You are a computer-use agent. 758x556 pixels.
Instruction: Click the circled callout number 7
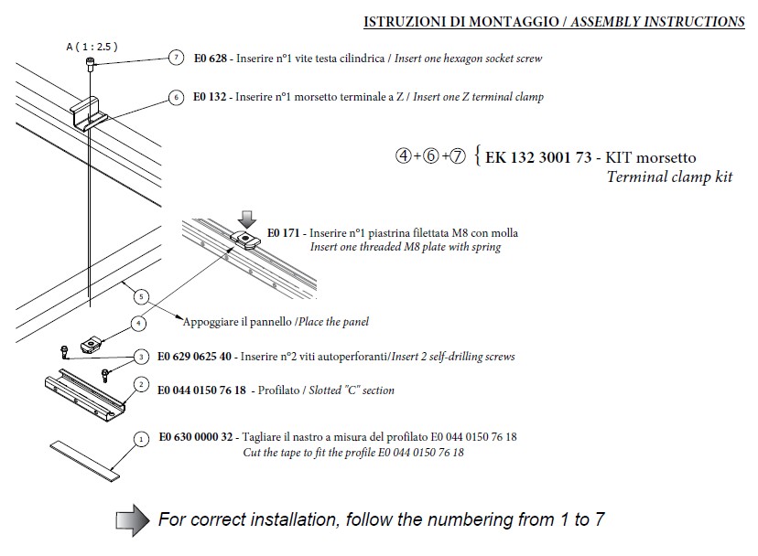point(175,59)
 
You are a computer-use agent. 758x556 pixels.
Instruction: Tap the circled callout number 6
point(175,96)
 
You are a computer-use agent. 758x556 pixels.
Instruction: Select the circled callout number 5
point(139,295)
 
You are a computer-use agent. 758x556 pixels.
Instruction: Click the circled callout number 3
point(140,356)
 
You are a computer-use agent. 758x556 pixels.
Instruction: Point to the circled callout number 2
point(140,385)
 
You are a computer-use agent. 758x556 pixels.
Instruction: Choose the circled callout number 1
point(140,439)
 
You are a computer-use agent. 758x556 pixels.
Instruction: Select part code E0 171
point(285,233)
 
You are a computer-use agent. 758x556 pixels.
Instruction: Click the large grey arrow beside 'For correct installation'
point(132,519)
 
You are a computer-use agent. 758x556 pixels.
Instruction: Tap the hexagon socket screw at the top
point(89,62)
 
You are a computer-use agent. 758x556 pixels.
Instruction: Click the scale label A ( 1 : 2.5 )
point(92,46)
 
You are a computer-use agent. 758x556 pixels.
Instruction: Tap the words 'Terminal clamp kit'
point(669,176)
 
